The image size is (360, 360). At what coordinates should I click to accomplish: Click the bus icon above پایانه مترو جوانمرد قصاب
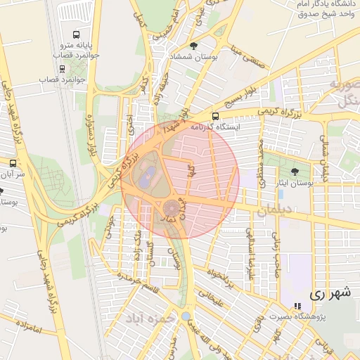[76, 34]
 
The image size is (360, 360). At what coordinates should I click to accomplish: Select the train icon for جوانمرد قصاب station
[63, 69]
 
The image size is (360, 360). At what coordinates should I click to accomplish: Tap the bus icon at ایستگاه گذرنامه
[215, 117]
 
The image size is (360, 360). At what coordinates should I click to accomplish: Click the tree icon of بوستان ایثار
[294, 172]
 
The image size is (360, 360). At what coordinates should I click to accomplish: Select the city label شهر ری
[330, 295]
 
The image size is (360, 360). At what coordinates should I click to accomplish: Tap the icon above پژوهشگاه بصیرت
[298, 307]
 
